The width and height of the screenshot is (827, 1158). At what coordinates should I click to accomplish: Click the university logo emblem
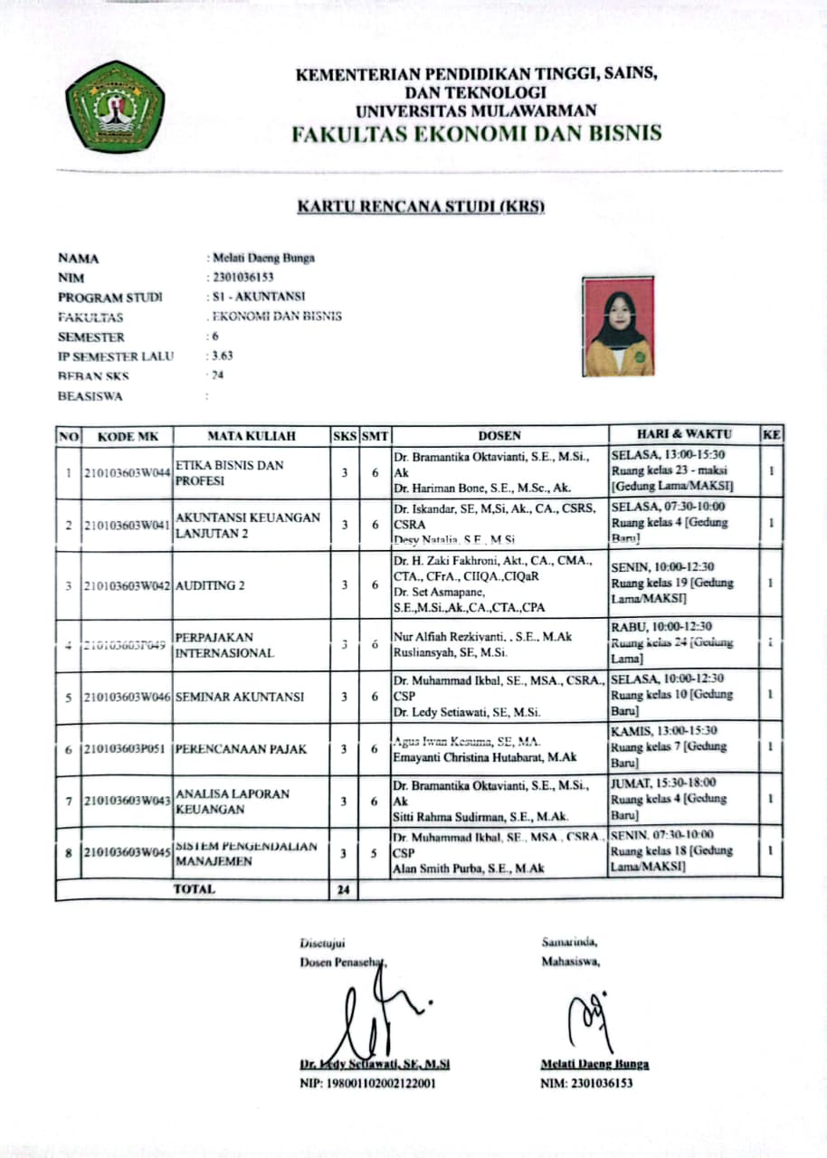click(x=115, y=106)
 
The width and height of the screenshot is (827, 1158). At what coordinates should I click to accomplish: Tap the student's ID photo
click(x=620, y=327)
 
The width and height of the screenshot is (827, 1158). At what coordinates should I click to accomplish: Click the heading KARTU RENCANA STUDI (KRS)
click(x=422, y=207)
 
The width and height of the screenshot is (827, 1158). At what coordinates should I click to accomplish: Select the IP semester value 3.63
click(x=221, y=356)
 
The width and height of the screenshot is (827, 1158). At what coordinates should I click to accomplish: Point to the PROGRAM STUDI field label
click(x=109, y=297)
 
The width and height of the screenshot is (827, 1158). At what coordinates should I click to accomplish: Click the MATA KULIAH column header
click(x=251, y=436)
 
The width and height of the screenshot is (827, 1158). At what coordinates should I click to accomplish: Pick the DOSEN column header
click(x=499, y=435)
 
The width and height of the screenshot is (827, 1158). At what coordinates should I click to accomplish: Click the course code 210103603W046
click(x=126, y=698)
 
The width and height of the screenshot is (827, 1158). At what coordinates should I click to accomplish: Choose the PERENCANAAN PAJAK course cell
click(x=241, y=749)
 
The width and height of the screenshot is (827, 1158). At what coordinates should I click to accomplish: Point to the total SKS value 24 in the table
click(x=343, y=889)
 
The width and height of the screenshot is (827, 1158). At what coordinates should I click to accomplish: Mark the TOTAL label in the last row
click(x=194, y=889)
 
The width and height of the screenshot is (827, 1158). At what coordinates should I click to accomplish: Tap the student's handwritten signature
click(x=588, y=1017)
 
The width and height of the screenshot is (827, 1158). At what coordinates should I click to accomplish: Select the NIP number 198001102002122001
click(x=367, y=1083)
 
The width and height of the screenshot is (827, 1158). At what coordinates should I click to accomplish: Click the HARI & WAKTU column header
click(x=684, y=434)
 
